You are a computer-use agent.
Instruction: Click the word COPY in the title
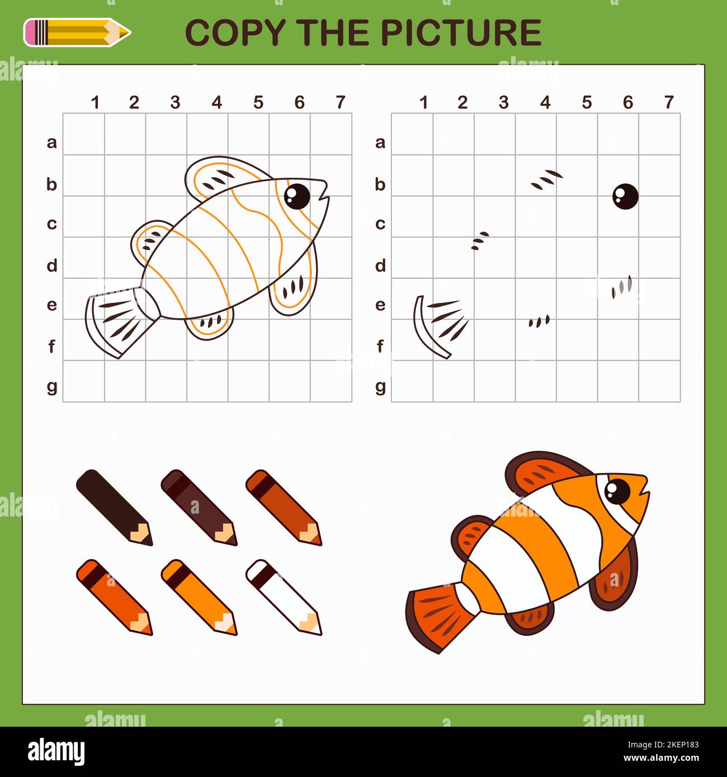pyautogui.click(x=234, y=32)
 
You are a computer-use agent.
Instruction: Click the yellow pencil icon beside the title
pyautogui.click(x=77, y=32)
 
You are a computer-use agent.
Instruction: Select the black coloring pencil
pyautogui.click(x=114, y=507)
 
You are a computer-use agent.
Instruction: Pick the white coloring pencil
pyautogui.click(x=284, y=596)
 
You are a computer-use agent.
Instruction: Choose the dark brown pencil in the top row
pyautogui.click(x=199, y=507)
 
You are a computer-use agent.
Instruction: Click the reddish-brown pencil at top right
pyautogui.click(x=284, y=507)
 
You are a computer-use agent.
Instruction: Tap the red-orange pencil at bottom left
pyautogui.click(x=114, y=596)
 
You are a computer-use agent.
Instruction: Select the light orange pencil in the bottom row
pyautogui.click(x=199, y=596)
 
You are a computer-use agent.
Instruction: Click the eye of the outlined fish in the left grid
pyautogui.click(x=296, y=195)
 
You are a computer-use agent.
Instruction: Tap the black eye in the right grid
pyautogui.click(x=625, y=196)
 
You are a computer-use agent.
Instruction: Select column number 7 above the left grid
pyautogui.click(x=341, y=102)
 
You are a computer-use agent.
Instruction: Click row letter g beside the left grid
pyautogui.click(x=51, y=386)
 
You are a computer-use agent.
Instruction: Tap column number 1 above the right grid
pyautogui.click(x=423, y=102)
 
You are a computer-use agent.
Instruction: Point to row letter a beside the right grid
pyautogui.click(x=380, y=143)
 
